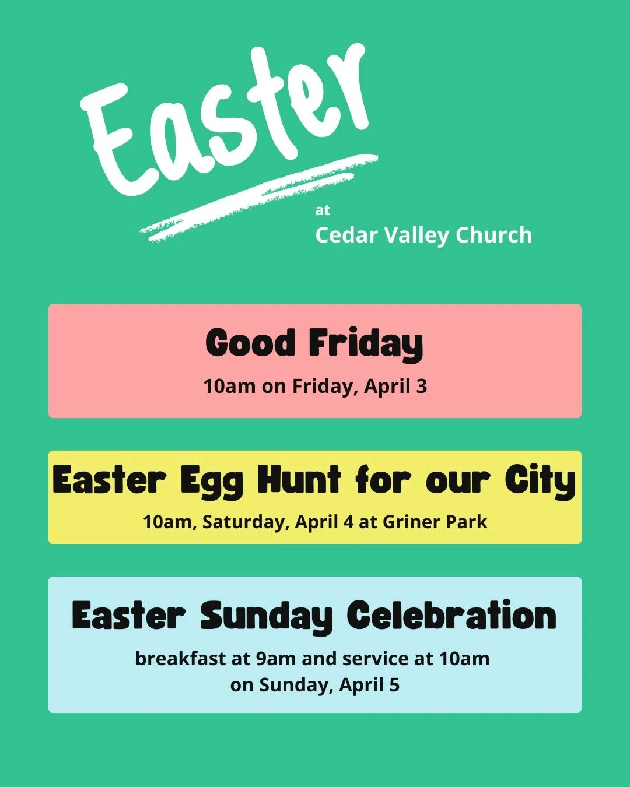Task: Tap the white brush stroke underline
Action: pos(257,198)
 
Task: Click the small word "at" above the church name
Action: pos(323,210)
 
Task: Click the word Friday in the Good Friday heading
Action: pos(366,344)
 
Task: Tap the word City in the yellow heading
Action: pos(540,482)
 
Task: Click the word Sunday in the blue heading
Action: pos(267,617)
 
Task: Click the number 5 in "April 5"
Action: pos(394,685)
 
